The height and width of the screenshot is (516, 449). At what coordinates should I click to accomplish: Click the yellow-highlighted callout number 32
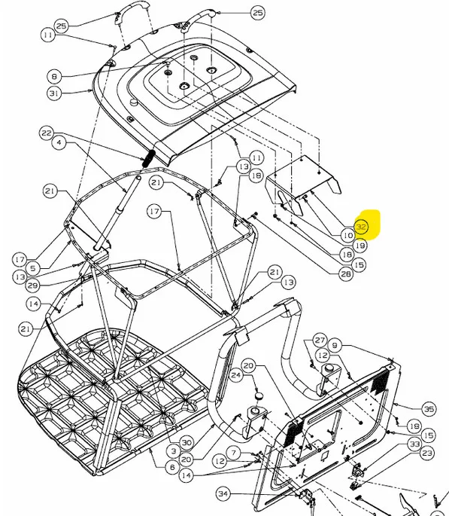pyautogui.click(x=361, y=227)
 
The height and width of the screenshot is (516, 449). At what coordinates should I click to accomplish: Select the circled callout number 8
pyautogui.click(x=54, y=76)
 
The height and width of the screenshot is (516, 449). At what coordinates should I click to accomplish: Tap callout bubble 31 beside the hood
pyautogui.click(x=54, y=93)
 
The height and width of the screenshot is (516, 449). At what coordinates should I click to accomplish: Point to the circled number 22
pyautogui.click(x=47, y=133)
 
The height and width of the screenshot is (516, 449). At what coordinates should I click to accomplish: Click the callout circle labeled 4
pyautogui.click(x=59, y=142)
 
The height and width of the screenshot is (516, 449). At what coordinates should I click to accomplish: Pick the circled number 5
pyautogui.click(x=33, y=268)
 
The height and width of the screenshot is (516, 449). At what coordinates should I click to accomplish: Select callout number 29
pyautogui.click(x=32, y=285)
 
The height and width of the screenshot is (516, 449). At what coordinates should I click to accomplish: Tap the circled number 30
pyautogui.click(x=187, y=443)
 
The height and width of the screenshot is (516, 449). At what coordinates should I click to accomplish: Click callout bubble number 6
pyautogui.click(x=172, y=466)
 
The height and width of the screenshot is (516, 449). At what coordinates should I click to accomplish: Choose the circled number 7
pyautogui.click(x=234, y=453)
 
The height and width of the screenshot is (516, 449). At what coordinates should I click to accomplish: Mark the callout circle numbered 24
pyautogui.click(x=236, y=375)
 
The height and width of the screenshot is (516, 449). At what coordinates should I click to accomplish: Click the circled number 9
pyautogui.click(x=335, y=346)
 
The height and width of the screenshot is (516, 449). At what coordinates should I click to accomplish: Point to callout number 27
pyautogui.click(x=320, y=340)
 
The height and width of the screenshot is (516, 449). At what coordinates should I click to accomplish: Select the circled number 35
pyautogui.click(x=429, y=409)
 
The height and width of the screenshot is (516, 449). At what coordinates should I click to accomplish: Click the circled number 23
pyautogui.click(x=427, y=453)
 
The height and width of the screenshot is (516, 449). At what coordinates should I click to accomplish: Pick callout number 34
pyautogui.click(x=223, y=493)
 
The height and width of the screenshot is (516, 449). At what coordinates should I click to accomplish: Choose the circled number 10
pyautogui.click(x=347, y=235)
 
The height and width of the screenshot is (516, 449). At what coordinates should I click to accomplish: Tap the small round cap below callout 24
pyautogui.click(x=259, y=395)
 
